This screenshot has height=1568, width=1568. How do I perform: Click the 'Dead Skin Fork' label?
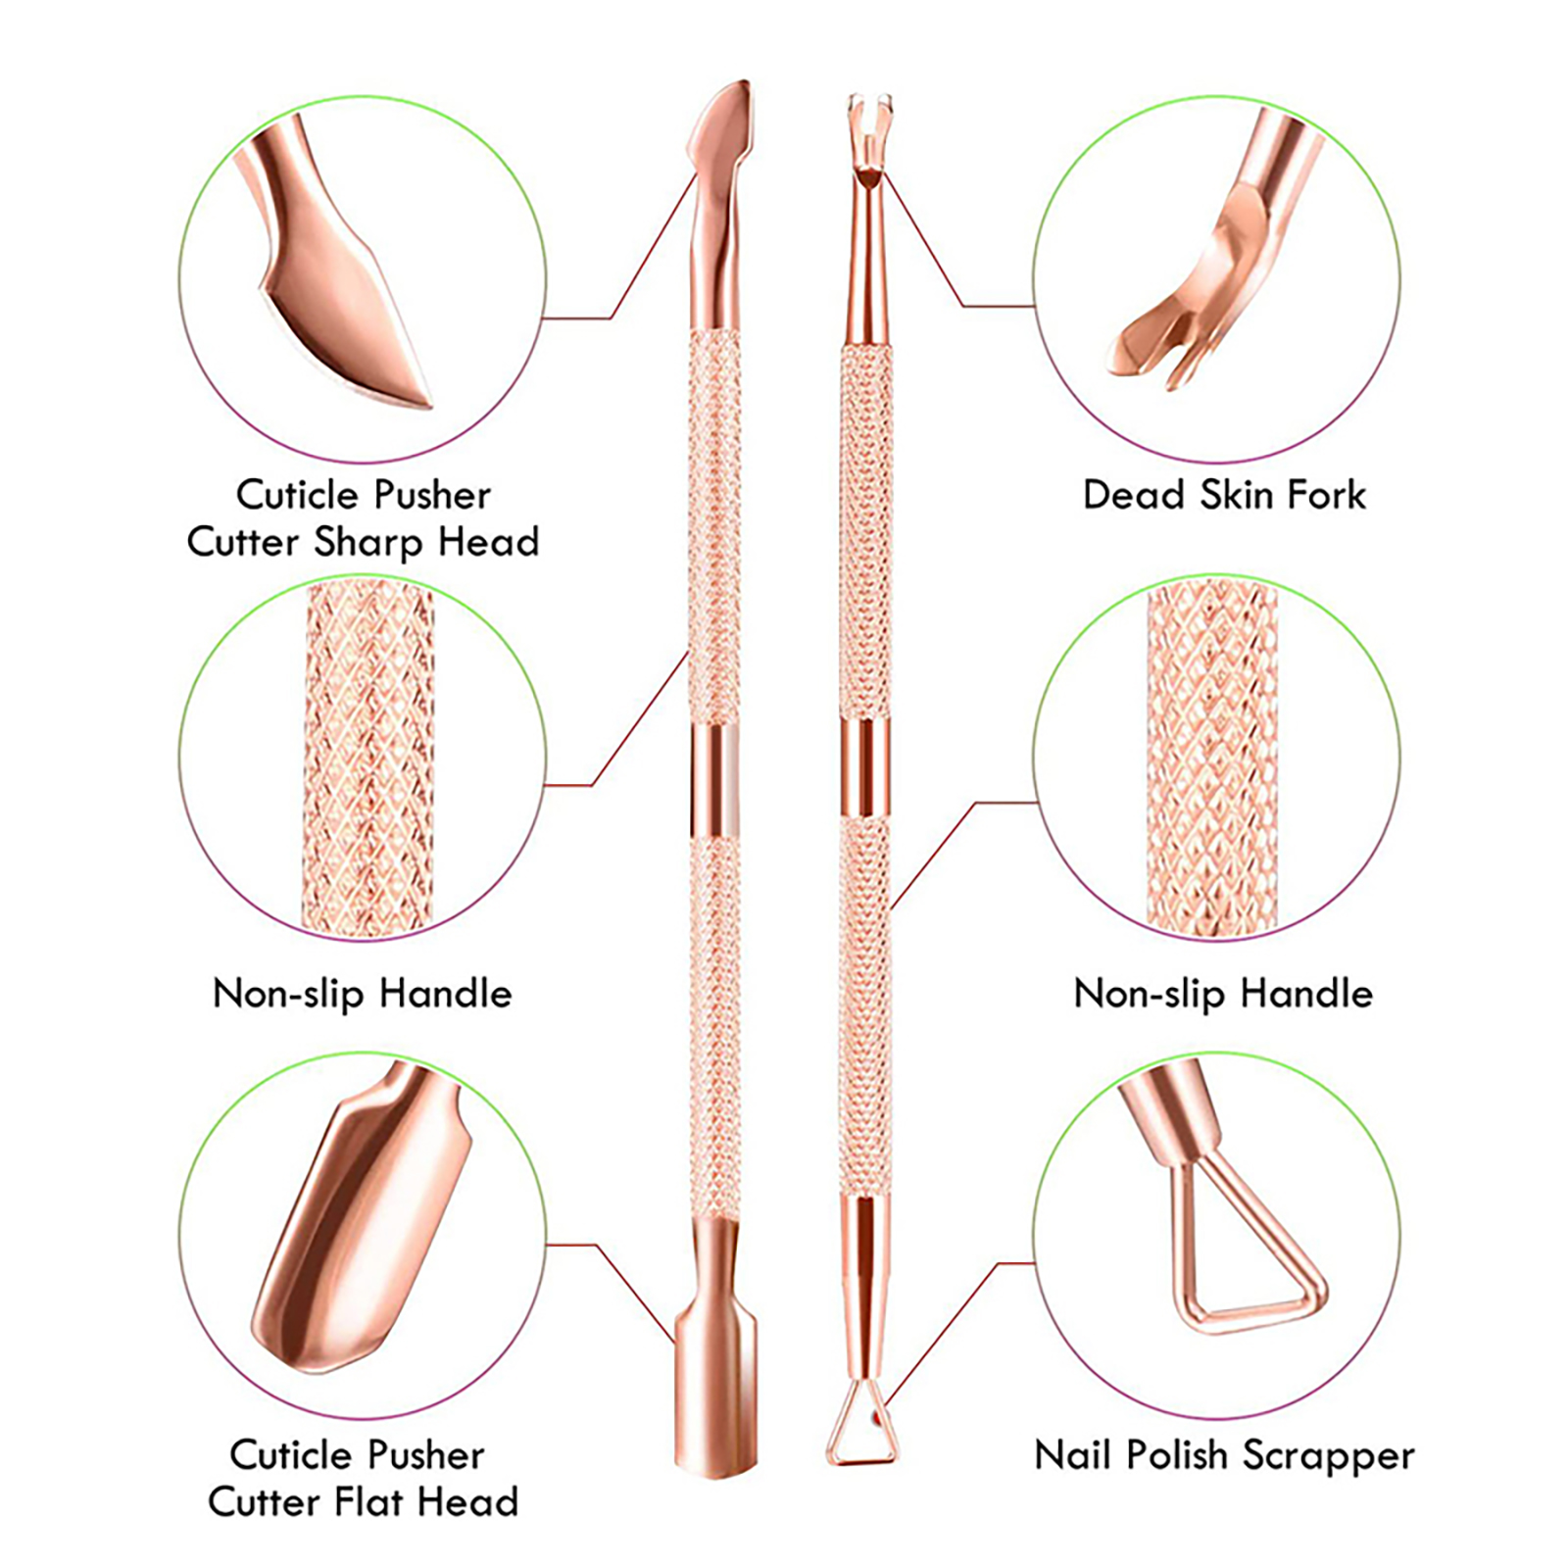pos(1223,495)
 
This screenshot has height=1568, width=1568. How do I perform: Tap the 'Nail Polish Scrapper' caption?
pos(1224,1455)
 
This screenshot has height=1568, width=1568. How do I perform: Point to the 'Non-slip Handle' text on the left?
pos(362,994)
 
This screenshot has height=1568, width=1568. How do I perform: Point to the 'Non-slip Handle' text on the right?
pos(1223,994)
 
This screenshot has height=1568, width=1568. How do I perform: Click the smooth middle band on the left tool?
pos(714,779)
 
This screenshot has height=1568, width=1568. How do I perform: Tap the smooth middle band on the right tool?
pos(864,769)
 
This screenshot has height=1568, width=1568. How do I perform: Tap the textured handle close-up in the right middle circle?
pos(1212,755)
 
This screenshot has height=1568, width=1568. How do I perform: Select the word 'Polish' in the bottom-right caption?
pos(1176,1455)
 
